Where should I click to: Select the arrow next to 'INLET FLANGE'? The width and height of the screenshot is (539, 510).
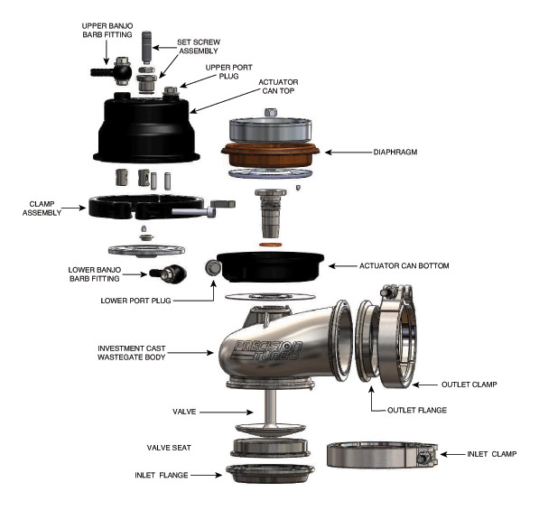click(x=207, y=473)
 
